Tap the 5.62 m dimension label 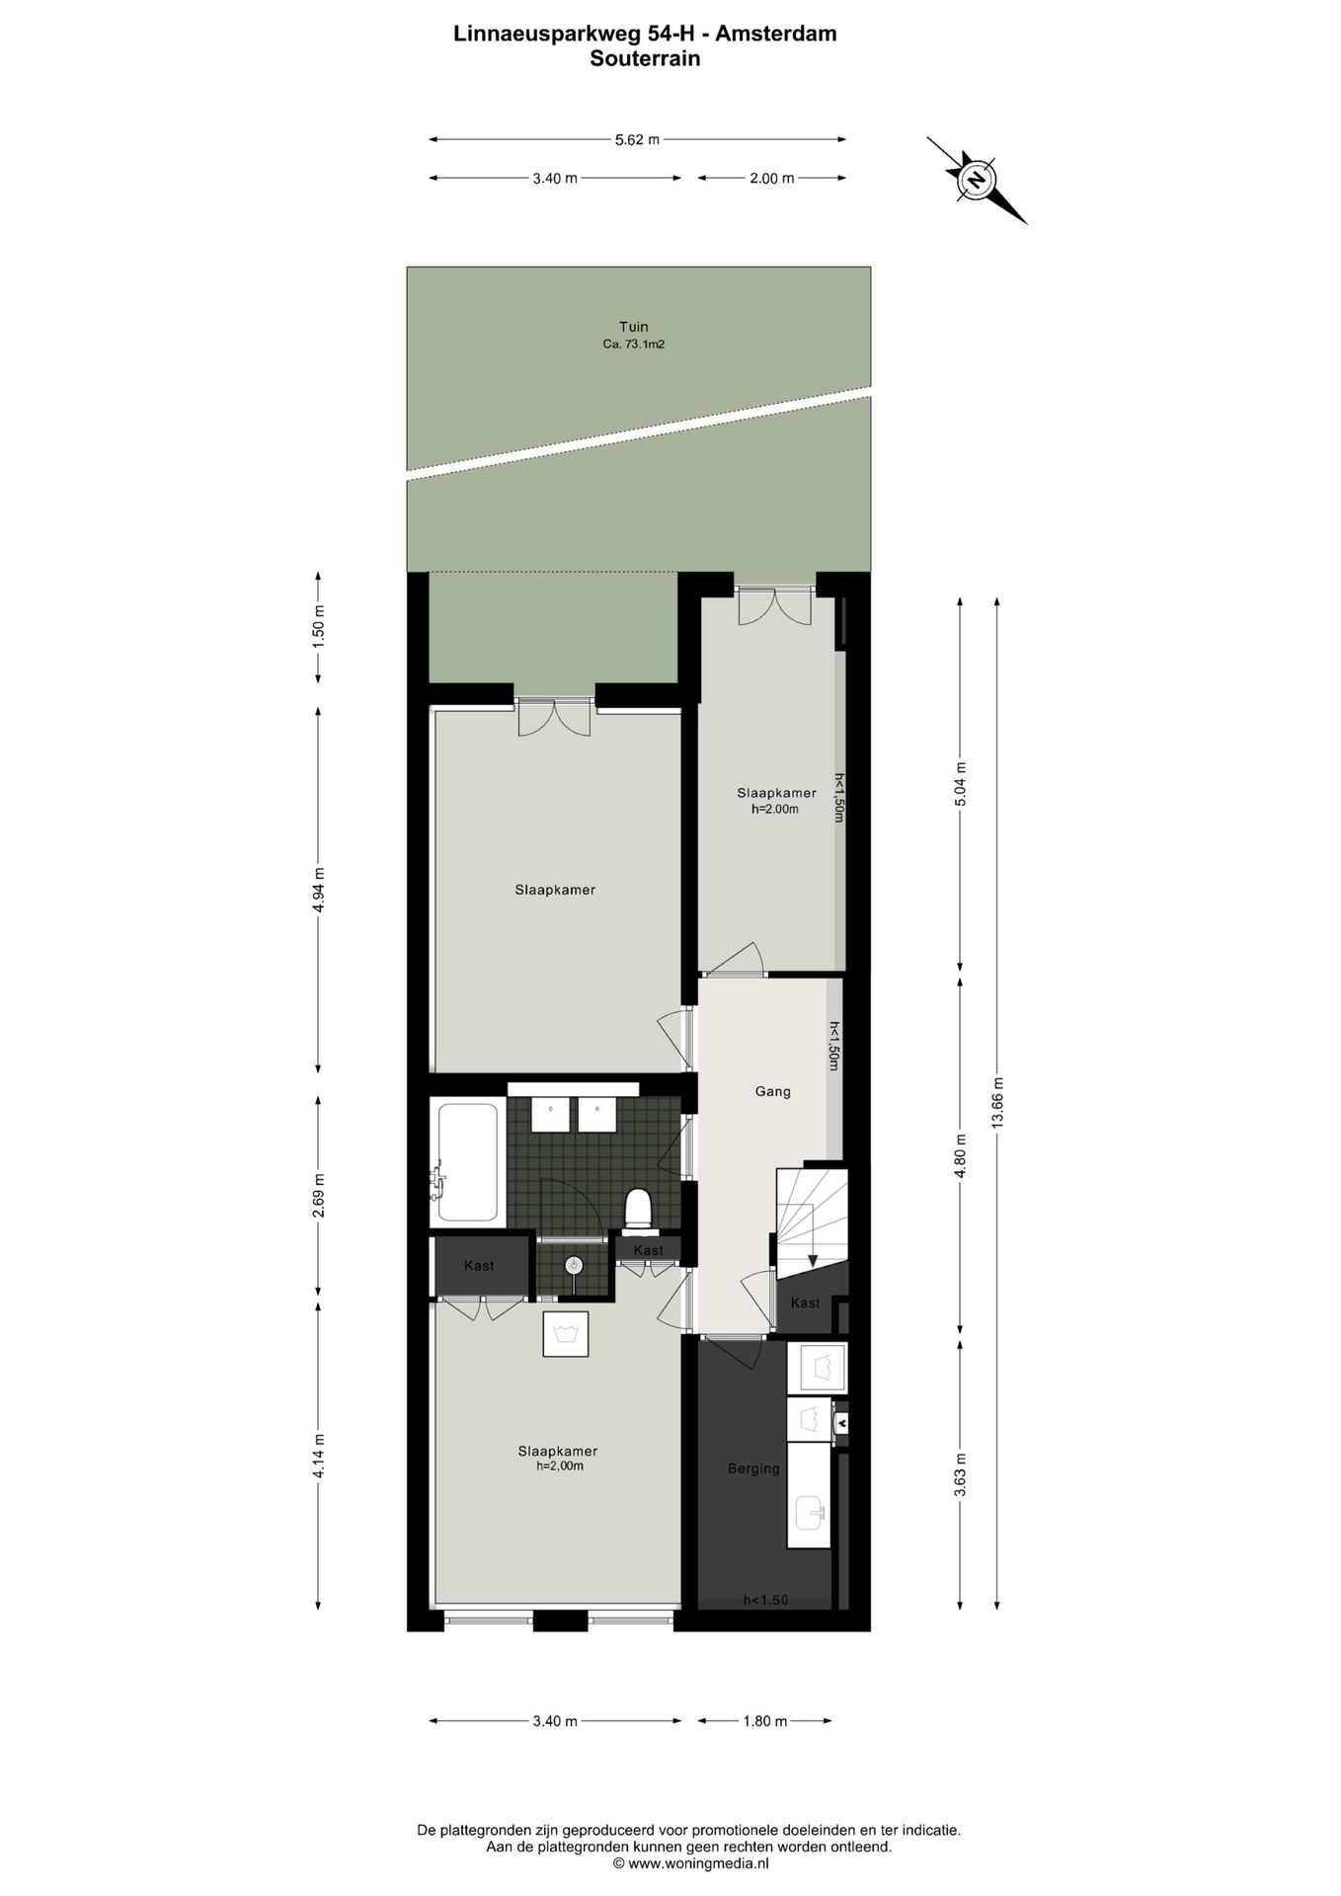637,140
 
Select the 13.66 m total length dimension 997,1101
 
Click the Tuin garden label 634,327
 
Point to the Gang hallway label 772,1091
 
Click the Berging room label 753,1468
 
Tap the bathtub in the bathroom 468,1162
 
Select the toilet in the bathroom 639,1210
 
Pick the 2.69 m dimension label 319,1195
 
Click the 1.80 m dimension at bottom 765,1721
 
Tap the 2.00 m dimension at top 772,179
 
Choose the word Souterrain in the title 645,58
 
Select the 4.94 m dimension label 319,891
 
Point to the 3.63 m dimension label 960,1474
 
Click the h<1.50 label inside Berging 766,1600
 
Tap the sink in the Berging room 812,1512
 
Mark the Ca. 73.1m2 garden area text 634,345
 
